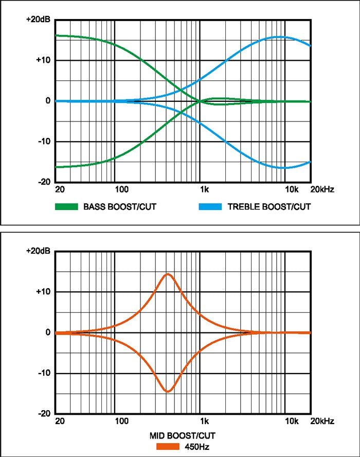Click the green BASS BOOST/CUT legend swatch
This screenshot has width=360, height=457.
[66, 207]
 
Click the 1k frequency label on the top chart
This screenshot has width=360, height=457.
[205, 189]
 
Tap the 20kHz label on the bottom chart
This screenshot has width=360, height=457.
[322, 421]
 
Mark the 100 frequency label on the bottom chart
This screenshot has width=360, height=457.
[122, 421]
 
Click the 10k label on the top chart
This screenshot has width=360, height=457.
[292, 189]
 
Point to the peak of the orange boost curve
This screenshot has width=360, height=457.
[168, 274]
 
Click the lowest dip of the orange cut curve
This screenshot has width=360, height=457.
[168, 392]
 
